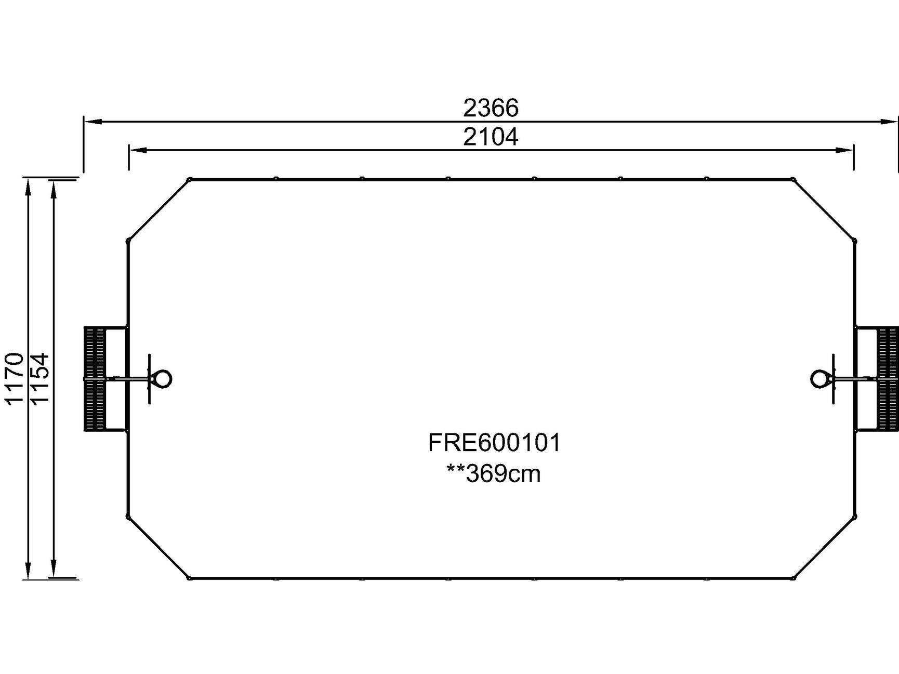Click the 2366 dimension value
(x=491, y=108)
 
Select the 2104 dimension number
(x=491, y=137)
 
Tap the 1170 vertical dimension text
(x=14, y=378)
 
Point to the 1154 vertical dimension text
(x=39, y=378)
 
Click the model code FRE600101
(x=494, y=443)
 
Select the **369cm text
(x=493, y=473)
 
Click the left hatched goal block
(x=95, y=378)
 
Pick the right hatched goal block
(x=888, y=378)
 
